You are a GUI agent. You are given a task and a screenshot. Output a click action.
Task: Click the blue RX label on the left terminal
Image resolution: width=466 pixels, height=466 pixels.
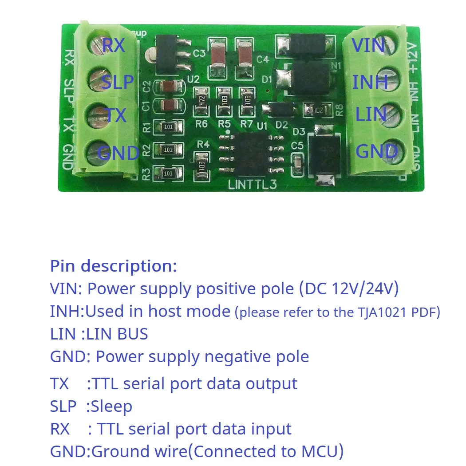[114, 45]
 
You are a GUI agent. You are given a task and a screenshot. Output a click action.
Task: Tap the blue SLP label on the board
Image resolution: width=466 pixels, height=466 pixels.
[118, 82]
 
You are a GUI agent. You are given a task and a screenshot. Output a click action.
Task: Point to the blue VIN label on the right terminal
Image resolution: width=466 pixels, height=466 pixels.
[368, 45]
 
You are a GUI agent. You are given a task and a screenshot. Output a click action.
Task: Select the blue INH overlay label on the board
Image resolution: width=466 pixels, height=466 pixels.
[370, 82]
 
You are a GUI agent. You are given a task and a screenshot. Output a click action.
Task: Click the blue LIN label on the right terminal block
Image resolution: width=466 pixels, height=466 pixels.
[371, 115]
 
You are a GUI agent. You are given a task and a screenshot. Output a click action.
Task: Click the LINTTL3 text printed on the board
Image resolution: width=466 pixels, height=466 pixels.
[252, 184]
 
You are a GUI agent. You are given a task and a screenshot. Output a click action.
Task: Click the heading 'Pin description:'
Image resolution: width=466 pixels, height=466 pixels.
[114, 266]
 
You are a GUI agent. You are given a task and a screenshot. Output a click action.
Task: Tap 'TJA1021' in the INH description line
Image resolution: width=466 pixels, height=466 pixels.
[377, 312]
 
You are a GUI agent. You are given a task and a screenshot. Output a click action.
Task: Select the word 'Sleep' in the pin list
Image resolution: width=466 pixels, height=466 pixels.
[111, 406]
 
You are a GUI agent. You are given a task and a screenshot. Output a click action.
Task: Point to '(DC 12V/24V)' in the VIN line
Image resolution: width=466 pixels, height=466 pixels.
[349, 289]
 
